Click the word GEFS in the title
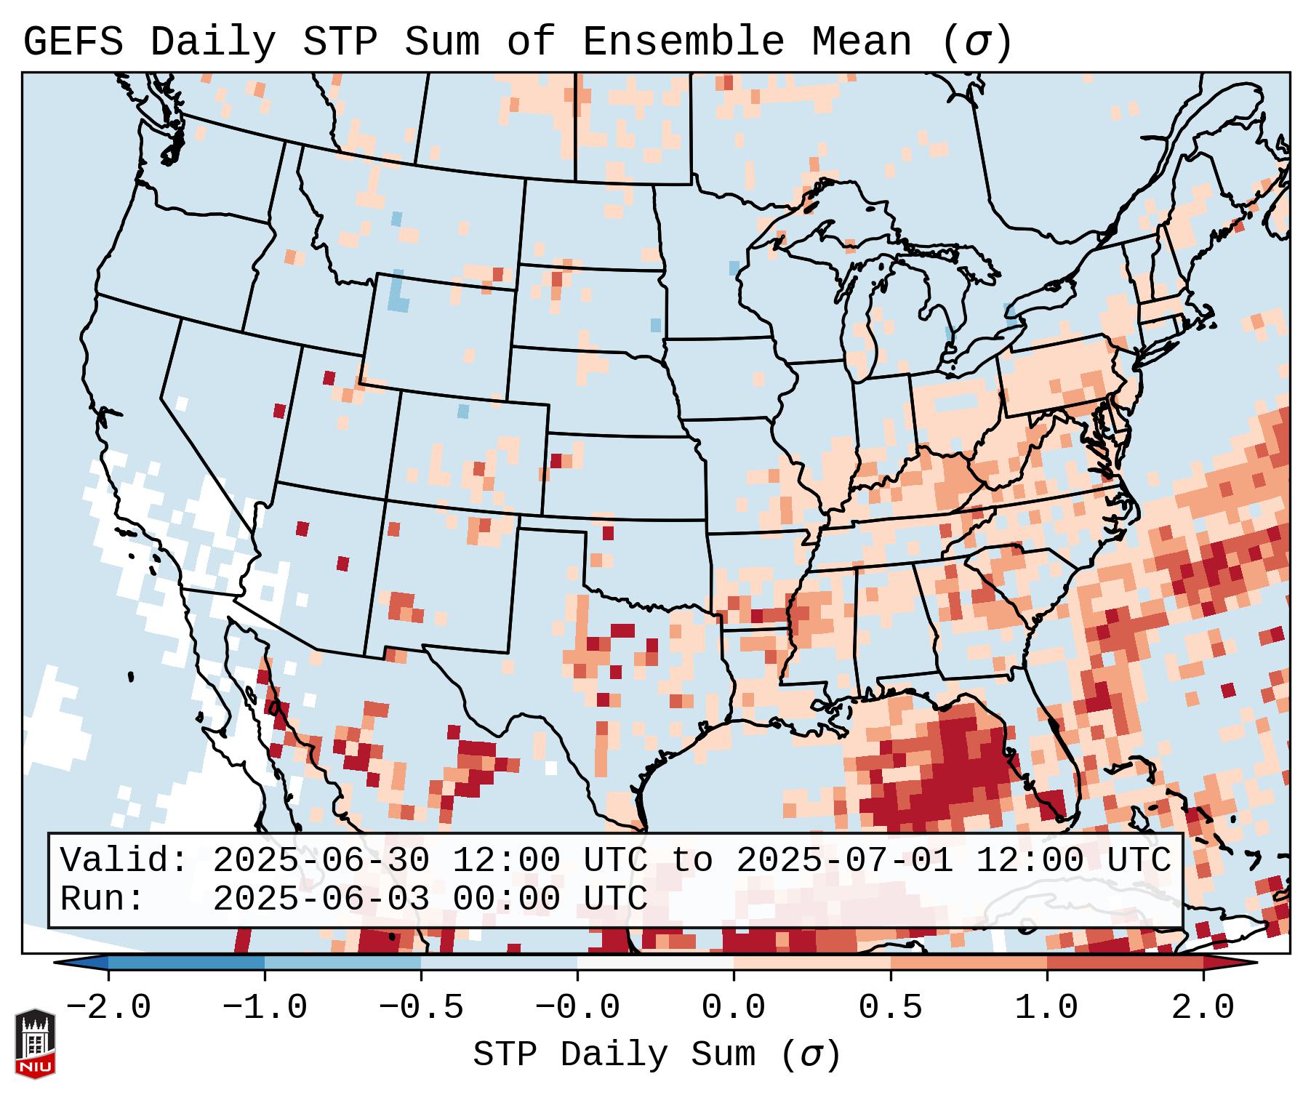[x=73, y=42]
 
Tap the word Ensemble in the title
[x=683, y=42]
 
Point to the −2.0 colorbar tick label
[x=108, y=1008]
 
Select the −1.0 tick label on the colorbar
[x=265, y=1008]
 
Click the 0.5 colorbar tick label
[x=891, y=1008]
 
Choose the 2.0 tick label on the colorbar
[x=1203, y=1008]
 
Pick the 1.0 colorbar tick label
[x=1047, y=1008]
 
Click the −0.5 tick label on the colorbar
[x=421, y=1008]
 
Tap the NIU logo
[x=35, y=1043]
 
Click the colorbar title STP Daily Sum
[x=614, y=1054]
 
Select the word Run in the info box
[x=102, y=899]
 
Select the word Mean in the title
[x=862, y=42]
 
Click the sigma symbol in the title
[x=977, y=42]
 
